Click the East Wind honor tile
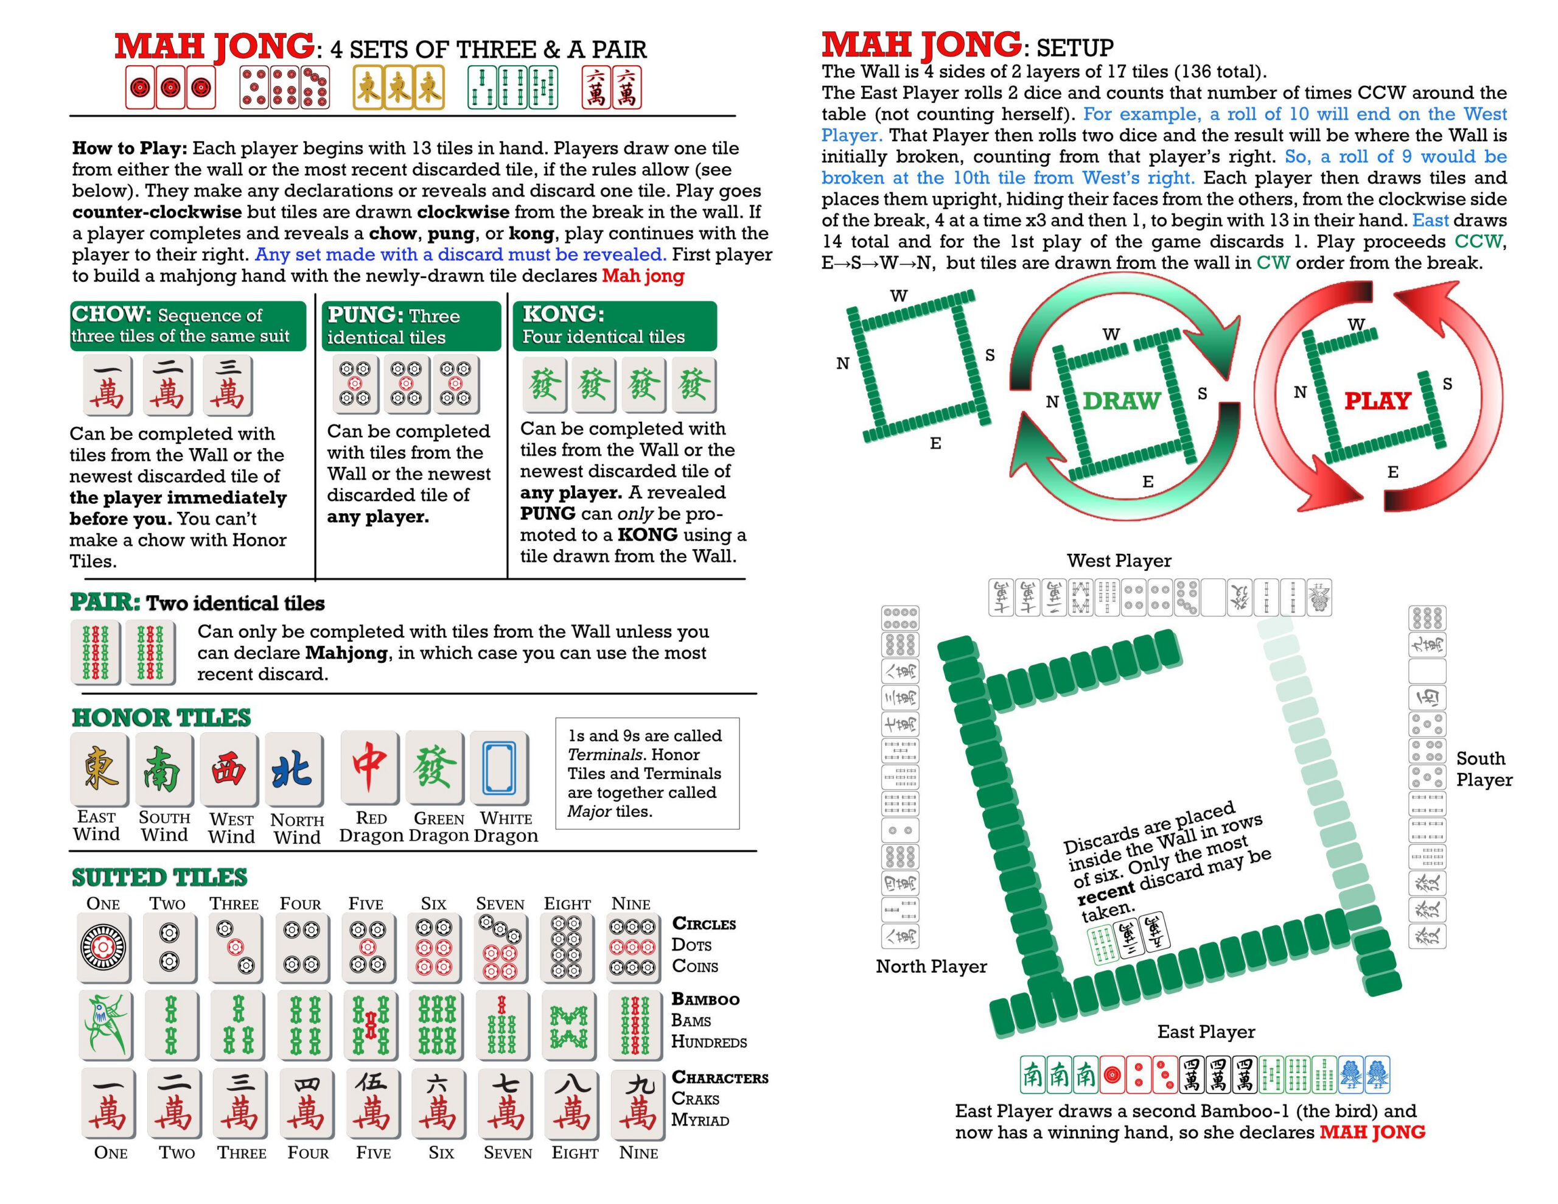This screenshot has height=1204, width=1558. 99,768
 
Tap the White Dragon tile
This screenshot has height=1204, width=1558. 500,768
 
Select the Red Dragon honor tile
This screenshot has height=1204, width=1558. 369,768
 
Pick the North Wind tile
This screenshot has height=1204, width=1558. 293,769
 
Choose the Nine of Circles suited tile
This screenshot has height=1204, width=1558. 632,947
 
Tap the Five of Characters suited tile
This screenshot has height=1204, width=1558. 372,1104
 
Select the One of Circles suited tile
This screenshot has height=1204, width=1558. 103,947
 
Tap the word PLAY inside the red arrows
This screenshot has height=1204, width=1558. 1377,401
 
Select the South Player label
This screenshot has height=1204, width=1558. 1484,769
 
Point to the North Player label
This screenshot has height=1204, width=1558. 931,967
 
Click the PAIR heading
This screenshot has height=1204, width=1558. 105,603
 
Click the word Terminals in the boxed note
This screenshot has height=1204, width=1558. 598,754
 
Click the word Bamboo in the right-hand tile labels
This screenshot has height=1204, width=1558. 705,999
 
